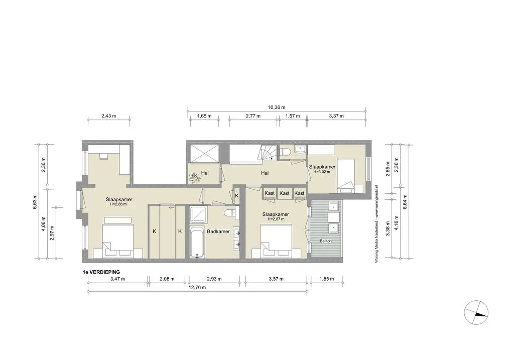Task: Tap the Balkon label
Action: [326, 242]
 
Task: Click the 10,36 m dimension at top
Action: [276, 107]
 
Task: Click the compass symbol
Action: [475, 312]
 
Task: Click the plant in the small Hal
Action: [194, 177]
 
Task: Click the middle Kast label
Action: [285, 193]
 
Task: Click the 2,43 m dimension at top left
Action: [109, 116]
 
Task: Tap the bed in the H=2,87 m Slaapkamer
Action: [276, 240]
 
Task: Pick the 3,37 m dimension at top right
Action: [336, 116]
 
